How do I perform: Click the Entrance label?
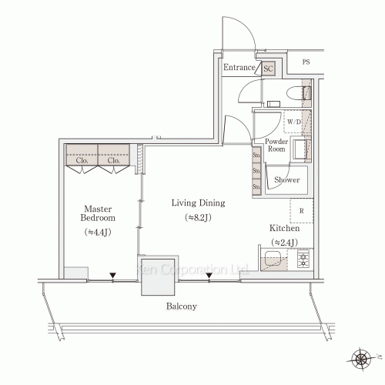click(x=239, y=69)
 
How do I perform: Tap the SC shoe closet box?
click(x=268, y=69)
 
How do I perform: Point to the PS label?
click(x=306, y=62)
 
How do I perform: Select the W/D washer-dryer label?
click(x=293, y=122)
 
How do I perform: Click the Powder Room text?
click(x=276, y=146)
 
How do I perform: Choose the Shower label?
click(x=286, y=180)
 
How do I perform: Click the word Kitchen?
click(x=283, y=229)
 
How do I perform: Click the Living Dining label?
click(x=198, y=203)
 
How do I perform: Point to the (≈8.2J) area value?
click(x=198, y=218)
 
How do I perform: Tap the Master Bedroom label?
click(x=99, y=213)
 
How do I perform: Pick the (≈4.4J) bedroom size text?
click(x=99, y=232)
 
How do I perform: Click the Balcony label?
click(x=182, y=306)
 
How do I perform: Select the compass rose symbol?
click(x=362, y=357)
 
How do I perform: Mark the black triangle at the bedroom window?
click(x=112, y=274)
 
